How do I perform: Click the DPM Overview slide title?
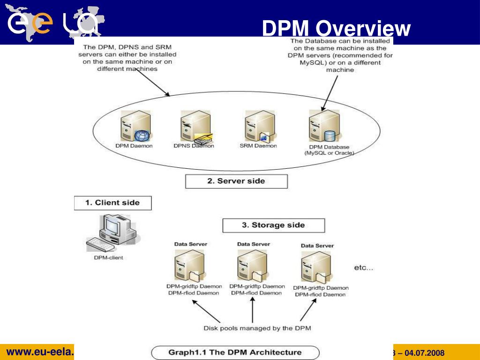pos(336,29)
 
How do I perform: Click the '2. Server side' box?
pos(236,181)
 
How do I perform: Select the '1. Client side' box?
pos(112,203)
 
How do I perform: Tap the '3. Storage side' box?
pos(273,225)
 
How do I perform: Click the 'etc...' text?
pos(363,268)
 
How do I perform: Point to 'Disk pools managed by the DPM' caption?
pos(257,328)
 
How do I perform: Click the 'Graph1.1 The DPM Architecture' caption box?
pos(235,352)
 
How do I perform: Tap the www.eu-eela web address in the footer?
pos(40,352)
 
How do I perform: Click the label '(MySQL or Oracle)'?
pos(329,153)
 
